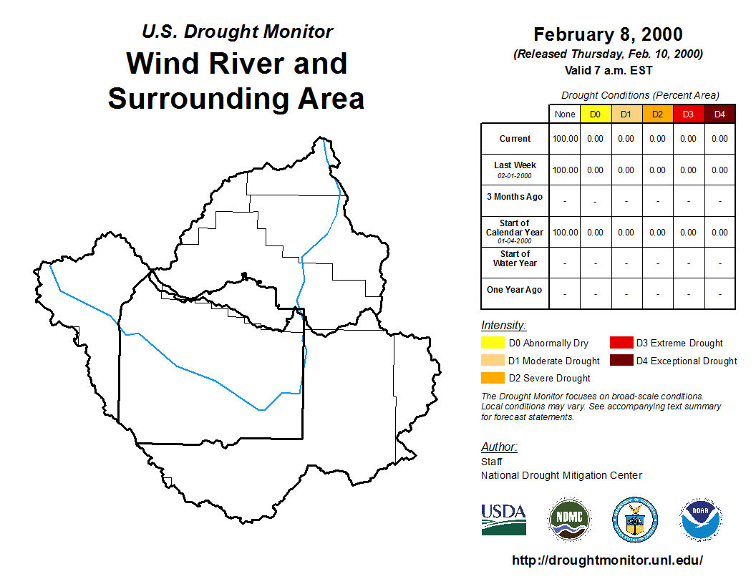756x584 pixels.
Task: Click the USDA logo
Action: click(x=503, y=520)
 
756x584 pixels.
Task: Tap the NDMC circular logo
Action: click(x=569, y=520)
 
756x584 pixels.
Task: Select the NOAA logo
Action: click(x=701, y=520)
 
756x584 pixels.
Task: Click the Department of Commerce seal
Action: click(x=635, y=520)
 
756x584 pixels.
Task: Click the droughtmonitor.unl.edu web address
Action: click(x=607, y=560)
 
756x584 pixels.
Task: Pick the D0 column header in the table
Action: click(x=596, y=115)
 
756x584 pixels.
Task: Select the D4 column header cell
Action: click(x=719, y=115)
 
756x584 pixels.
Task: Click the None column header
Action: click(x=565, y=115)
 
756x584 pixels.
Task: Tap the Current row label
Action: click(x=515, y=139)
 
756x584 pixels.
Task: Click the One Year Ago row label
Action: click(x=515, y=290)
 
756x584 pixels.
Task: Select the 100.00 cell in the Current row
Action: click(x=565, y=139)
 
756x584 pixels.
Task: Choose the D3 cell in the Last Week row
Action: click(x=689, y=170)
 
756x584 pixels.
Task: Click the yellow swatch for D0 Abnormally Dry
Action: click(x=493, y=343)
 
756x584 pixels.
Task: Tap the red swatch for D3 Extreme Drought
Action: click(x=621, y=343)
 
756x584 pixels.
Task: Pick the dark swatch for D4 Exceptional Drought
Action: click(x=621, y=361)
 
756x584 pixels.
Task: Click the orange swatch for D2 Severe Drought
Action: click(x=493, y=378)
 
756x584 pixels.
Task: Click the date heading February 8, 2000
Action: click(x=608, y=34)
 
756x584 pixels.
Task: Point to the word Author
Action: click(x=499, y=447)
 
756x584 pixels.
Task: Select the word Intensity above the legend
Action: click(x=503, y=326)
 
